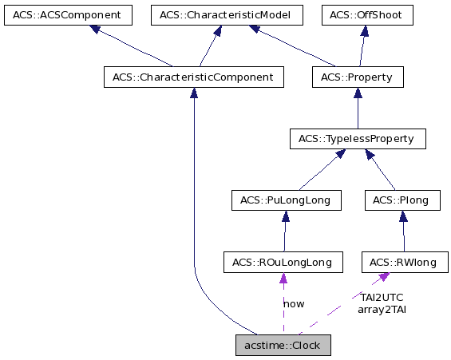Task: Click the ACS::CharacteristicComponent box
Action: coord(194,77)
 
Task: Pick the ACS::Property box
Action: coord(357,77)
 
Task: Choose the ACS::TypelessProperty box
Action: coord(357,139)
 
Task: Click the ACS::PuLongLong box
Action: coord(285,200)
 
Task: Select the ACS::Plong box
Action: coord(402,200)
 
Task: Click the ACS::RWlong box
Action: coord(405,262)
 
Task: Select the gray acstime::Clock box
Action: coord(283,346)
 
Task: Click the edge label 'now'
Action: coord(293,303)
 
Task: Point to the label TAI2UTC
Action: coord(382,297)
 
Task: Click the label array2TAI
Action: coord(382,309)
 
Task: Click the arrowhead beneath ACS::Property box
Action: coord(357,93)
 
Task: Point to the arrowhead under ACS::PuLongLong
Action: coord(283,216)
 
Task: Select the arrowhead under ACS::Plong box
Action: coord(403,216)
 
